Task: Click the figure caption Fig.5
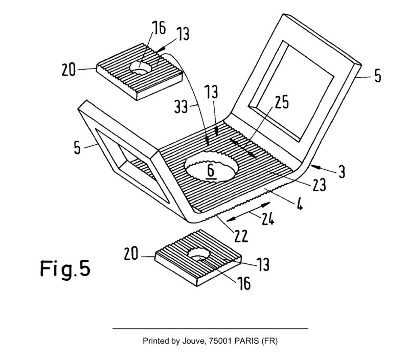coord(65,269)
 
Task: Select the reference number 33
coord(181,107)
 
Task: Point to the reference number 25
coord(282,102)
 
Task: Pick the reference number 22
coord(240,236)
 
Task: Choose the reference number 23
coord(319,185)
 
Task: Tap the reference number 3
coord(342,172)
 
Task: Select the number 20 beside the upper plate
coord(69,70)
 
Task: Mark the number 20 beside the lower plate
coord(131,254)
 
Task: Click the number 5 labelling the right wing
coord(378,76)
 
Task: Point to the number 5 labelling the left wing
coord(77,147)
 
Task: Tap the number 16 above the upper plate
coord(159,28)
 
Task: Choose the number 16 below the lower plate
coord(244,283)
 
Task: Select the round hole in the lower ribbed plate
coord(199,254)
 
